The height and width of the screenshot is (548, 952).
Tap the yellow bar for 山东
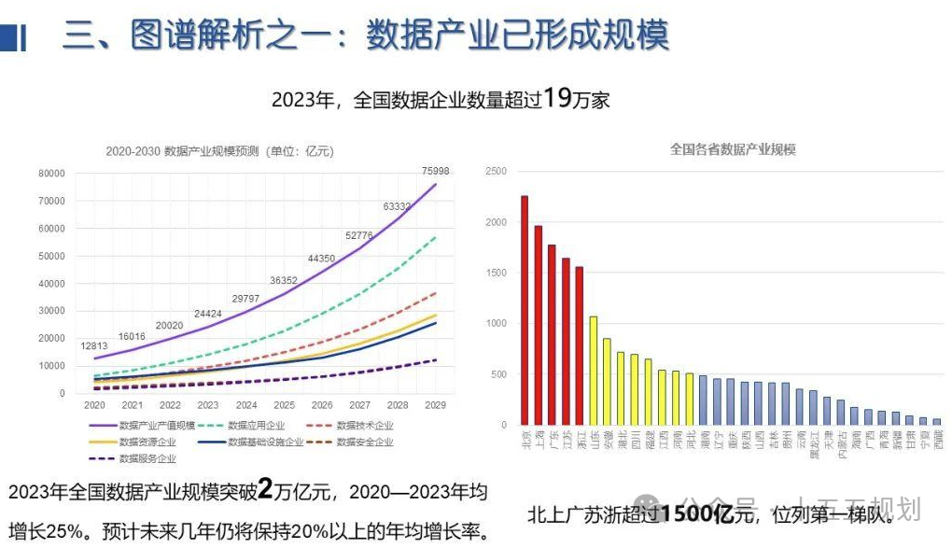pyautogui.click(x=593, y=371)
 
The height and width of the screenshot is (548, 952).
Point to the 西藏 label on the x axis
pyautogui.click(x=936, y=440)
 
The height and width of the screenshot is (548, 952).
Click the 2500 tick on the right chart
pyautogui.click(x=496, y=172)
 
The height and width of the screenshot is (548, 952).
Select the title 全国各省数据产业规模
pyautogui.click(x=733, y=149)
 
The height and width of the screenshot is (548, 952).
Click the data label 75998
pyautogui.click(x=435, y=171)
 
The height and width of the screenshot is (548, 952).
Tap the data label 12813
pyautogui.click(x=95, y=347)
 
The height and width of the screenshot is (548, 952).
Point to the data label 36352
pyautogui.click(x=285, y=280)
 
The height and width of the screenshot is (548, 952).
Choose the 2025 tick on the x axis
pyautogui.click(x=285, y=406)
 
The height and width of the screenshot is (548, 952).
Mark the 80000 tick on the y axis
pyautogui.click(x=51, y=174)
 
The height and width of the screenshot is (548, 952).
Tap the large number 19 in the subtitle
pyautogui.click(x=557, y=98)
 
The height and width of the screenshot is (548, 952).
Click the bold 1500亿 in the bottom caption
pyautogui.click(x=696, y=513)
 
